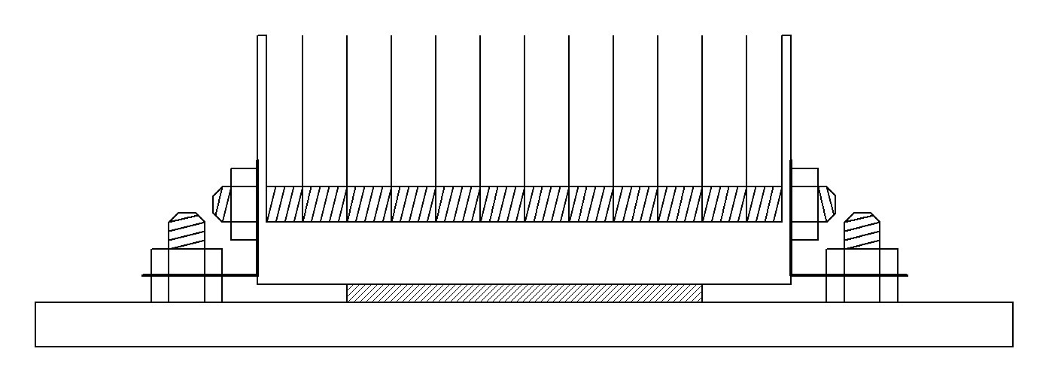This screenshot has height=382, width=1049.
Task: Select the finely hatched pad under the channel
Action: pos(524,293)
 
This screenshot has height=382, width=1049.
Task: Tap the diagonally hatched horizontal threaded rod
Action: pos(524,204)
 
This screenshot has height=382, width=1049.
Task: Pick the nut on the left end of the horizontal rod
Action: pos(244,204)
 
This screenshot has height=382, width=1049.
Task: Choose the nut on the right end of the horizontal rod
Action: pos(804,204)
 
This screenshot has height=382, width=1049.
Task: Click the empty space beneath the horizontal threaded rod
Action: pos(524,253)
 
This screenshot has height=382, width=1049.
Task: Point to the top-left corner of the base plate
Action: pos(36,303)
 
